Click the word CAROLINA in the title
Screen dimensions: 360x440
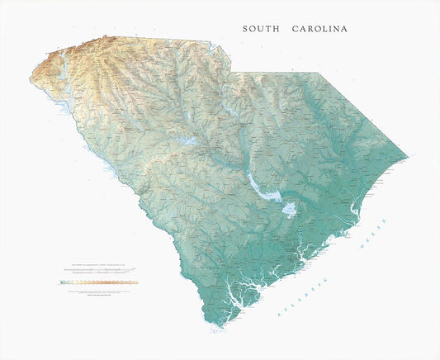tap(319, 29)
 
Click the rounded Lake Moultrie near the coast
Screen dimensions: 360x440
tap(289, 211)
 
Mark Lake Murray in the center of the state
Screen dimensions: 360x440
tap(187, 141)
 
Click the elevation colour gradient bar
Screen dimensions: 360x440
tap(99, 282)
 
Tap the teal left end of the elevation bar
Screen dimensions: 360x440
tap(63, 282)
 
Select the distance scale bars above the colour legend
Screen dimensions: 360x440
tap(98, 270)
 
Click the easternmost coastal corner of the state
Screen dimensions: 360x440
tap(408, 156)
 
